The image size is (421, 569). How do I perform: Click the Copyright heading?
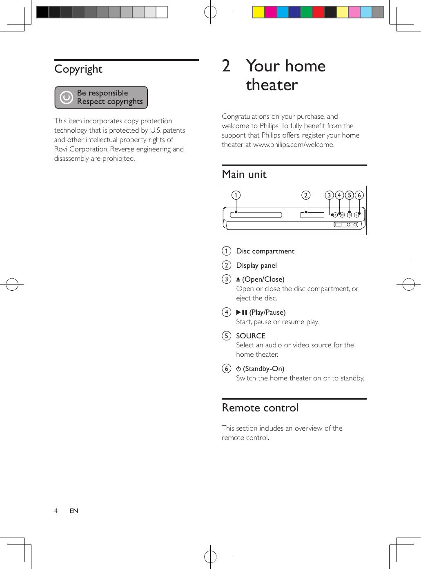point(78,69)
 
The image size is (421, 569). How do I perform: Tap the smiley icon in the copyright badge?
point(66,98)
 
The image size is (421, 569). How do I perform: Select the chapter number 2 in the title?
point(226,66)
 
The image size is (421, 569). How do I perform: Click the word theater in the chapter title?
point(272,85)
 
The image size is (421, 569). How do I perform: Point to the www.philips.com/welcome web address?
point(294,144)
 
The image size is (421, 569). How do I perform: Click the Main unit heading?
point(244,174)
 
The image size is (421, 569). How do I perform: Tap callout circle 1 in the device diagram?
point(235,195)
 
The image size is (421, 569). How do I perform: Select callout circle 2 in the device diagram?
point(305,195)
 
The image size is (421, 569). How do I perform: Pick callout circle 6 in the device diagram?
point(359,195)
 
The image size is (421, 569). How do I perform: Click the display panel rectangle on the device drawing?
point(312,215)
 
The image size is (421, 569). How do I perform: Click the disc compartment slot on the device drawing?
point(256,214)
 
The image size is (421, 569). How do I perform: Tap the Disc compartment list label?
point(265,251)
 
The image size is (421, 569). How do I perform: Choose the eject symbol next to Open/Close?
point(238,279)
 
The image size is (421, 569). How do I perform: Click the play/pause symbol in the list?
point(242,312)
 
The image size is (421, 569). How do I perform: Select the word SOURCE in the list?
point(251,336)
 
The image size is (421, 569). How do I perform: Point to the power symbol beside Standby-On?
point(238,369)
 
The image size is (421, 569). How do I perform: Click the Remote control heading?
point(260,408)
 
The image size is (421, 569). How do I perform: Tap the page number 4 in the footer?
point(56,511)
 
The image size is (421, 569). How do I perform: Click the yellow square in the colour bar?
point(258,12)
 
